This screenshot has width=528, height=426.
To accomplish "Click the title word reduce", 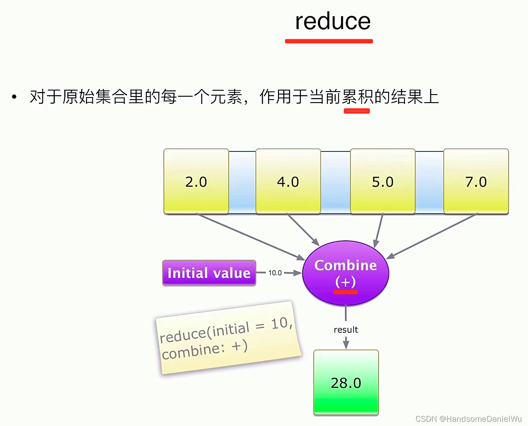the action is (332, 21).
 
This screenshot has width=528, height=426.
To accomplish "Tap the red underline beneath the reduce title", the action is (329, 41).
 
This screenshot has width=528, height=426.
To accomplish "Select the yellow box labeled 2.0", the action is (196, 181).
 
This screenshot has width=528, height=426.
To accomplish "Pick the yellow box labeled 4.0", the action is (288, 181).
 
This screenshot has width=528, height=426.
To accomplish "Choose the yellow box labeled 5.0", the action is (383, 181).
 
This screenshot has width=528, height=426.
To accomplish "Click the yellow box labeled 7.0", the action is (476, 181).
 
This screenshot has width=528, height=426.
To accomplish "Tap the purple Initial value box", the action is (209, 273).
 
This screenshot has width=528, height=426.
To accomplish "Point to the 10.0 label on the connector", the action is (275, 273).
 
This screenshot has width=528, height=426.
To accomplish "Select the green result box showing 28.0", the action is (346, 382).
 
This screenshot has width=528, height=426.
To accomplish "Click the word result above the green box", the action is (346, 330).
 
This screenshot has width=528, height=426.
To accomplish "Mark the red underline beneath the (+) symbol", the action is (345, 292).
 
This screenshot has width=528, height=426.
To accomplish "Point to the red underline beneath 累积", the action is (356, 111).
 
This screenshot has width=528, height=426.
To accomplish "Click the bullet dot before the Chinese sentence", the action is (15, 97).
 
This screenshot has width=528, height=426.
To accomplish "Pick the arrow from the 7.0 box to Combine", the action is (432, 237).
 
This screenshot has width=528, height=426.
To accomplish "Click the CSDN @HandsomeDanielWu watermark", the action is (468, 419).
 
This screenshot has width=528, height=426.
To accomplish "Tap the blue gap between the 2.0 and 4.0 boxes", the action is (242, 181).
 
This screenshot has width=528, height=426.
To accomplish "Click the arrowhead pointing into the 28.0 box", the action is (346, 344).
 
